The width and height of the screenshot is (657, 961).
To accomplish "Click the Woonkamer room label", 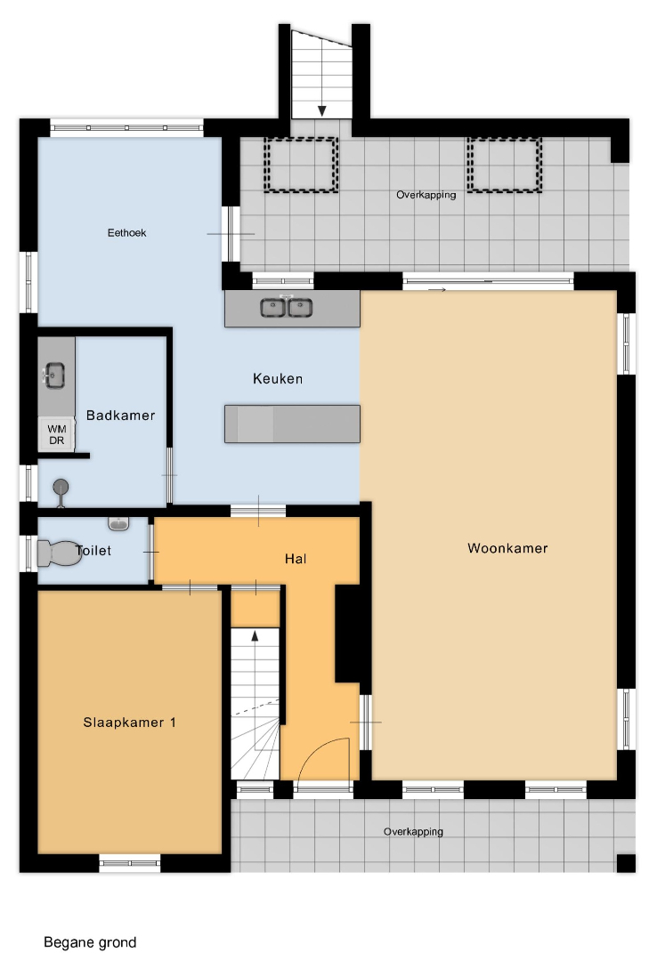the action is pos(507,548).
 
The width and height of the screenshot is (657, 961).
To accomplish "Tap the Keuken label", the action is pos(278,379).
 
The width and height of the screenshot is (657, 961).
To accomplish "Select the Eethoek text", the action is pos(127,233).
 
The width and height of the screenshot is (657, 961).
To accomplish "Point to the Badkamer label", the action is pos(120,416).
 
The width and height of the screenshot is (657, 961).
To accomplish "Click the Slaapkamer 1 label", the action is pos(129,723).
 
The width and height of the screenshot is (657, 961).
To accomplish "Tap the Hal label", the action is pos(295,559).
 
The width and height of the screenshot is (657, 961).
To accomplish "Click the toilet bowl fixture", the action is pos(59,553).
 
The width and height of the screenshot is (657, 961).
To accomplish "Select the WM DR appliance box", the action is pos(56,434).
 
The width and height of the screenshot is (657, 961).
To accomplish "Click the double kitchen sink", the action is pos(286,306).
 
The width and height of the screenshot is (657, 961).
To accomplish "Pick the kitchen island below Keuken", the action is pos(292,424).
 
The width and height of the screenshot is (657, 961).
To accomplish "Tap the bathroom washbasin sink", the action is pos(53,376).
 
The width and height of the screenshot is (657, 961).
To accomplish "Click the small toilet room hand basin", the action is pos(118,523).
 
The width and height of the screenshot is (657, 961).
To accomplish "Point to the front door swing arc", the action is pos(327,748).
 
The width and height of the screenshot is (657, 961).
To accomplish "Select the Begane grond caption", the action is pos(90,942).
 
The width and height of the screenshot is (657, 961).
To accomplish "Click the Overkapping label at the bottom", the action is pos(413,832).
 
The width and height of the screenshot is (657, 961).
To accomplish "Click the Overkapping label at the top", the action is pos(426,195).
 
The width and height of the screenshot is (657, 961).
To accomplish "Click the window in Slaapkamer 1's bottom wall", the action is pos(129,863).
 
